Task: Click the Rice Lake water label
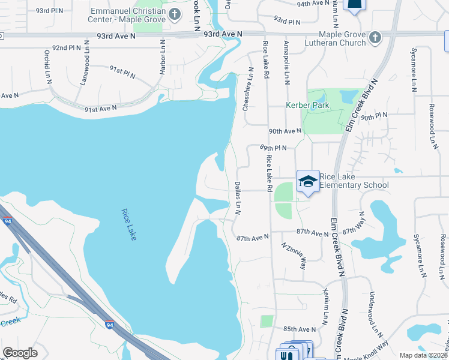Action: [x=129, y=224]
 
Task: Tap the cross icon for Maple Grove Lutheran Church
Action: [x=375, y=38]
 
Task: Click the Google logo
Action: [x=20, y=353]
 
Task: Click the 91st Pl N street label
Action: [x=122, y=73]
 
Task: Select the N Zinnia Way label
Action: [x=294, y=254]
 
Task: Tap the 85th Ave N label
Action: [x=300, y=329]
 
